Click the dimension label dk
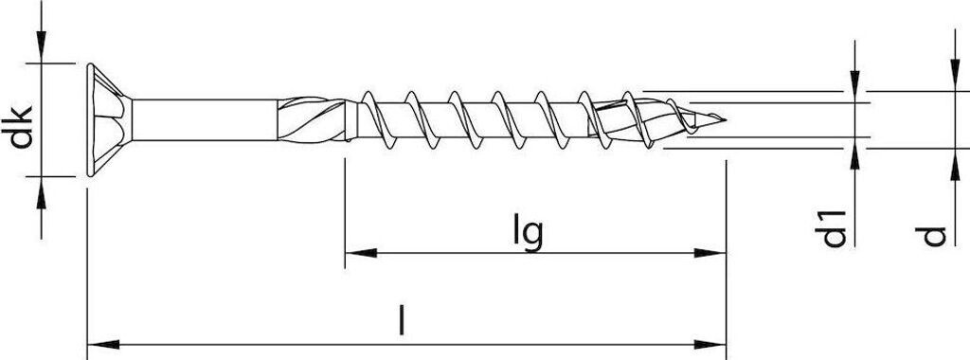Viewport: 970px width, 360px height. pos(22,128)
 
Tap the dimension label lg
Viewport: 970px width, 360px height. pos(528,231)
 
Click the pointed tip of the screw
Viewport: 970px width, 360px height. pos(725,118)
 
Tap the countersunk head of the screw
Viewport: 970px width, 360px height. pos(109,119)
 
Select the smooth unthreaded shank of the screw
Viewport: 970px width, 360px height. pos(205,119)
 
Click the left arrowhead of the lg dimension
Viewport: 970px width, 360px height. pos(361,253)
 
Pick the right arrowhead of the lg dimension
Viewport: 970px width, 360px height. pos(710,253)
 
